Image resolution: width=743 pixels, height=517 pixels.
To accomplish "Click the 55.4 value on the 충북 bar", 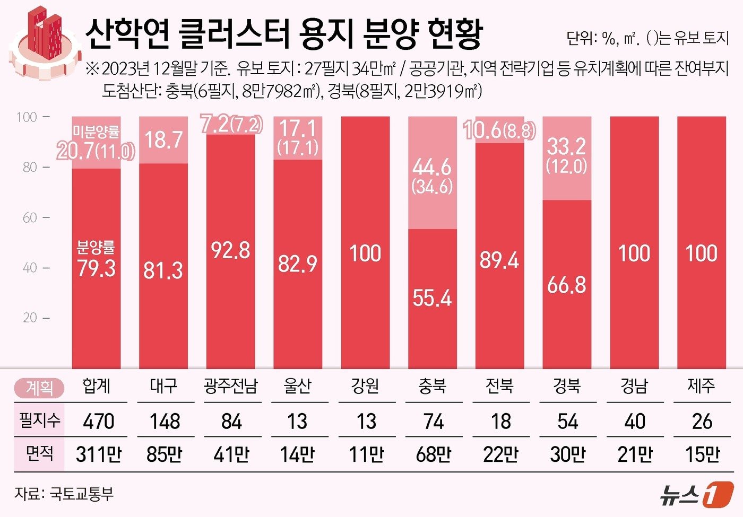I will (432, 299).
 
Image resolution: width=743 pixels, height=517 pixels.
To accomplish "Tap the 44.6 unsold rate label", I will (432, 168).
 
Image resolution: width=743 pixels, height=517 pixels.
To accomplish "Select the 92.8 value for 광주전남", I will (230, 250).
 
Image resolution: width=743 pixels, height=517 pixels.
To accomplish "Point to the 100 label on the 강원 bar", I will (365, 253).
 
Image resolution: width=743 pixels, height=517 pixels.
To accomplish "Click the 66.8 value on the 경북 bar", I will (566, 285).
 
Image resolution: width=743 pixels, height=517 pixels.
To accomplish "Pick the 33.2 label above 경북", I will (566, 146).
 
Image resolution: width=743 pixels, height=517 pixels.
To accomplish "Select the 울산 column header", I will (297, 386).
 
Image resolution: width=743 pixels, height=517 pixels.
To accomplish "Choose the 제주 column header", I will (701, 386).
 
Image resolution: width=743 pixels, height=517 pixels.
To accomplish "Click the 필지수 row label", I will (39, 420).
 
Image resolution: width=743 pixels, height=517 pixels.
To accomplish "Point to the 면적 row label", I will (39, 453).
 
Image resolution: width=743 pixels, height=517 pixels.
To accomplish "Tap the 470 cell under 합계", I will (98, 422).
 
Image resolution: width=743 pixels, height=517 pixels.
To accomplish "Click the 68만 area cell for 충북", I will (433, 454).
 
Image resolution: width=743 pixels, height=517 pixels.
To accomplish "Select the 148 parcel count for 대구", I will (164, 422).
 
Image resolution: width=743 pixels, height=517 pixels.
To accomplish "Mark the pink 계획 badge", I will (39, 388).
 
